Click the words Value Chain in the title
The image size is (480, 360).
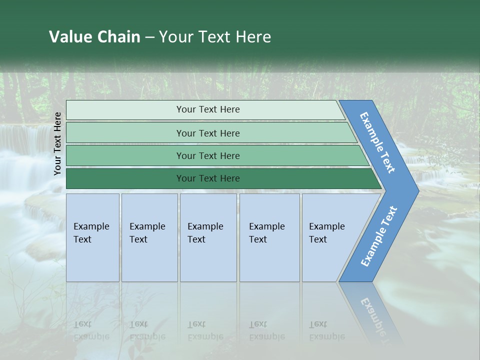[94, 37]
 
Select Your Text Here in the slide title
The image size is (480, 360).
[215, 37]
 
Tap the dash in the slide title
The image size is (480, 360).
[149, 37]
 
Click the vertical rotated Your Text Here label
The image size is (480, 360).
[57, 143]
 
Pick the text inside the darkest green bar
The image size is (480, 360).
[208, 178]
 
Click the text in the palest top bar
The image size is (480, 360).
[208, 109]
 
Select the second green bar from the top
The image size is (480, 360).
[208, 133]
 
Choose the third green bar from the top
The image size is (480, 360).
[208, 155]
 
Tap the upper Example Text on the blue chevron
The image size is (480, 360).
[377, 142]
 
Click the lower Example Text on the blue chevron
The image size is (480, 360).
[379, 236]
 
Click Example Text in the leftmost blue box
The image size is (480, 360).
[91, 233]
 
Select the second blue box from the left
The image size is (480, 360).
[149, 237]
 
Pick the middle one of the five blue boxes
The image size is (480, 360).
[208, 237]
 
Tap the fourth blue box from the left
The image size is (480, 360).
[269, 237]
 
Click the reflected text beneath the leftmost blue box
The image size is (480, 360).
[91, 330]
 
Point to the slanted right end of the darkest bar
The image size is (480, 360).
[376, 179]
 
